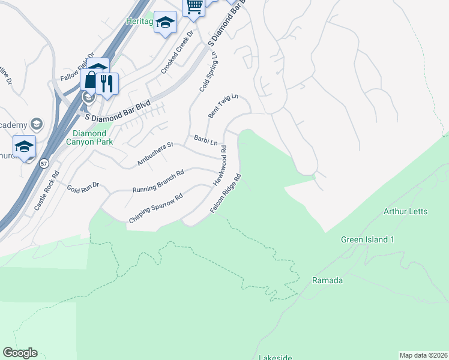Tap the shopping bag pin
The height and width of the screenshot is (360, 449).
coord(91,79)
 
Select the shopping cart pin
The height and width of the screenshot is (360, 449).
coord(194,7)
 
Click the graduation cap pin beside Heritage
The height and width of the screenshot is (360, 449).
coord(165,23)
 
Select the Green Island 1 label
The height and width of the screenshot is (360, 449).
coord(367,239)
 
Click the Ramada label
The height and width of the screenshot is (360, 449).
coord(327,280)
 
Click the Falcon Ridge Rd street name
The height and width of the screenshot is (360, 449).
coord(226,194)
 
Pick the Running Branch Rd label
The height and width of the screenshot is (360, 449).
coord(157,180)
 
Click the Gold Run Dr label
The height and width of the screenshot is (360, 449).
coord(83,188)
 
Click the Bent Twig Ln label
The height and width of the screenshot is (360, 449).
coord(223,106)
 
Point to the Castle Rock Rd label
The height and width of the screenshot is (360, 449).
coord(47,190)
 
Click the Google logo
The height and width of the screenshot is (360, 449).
coord(20,353)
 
